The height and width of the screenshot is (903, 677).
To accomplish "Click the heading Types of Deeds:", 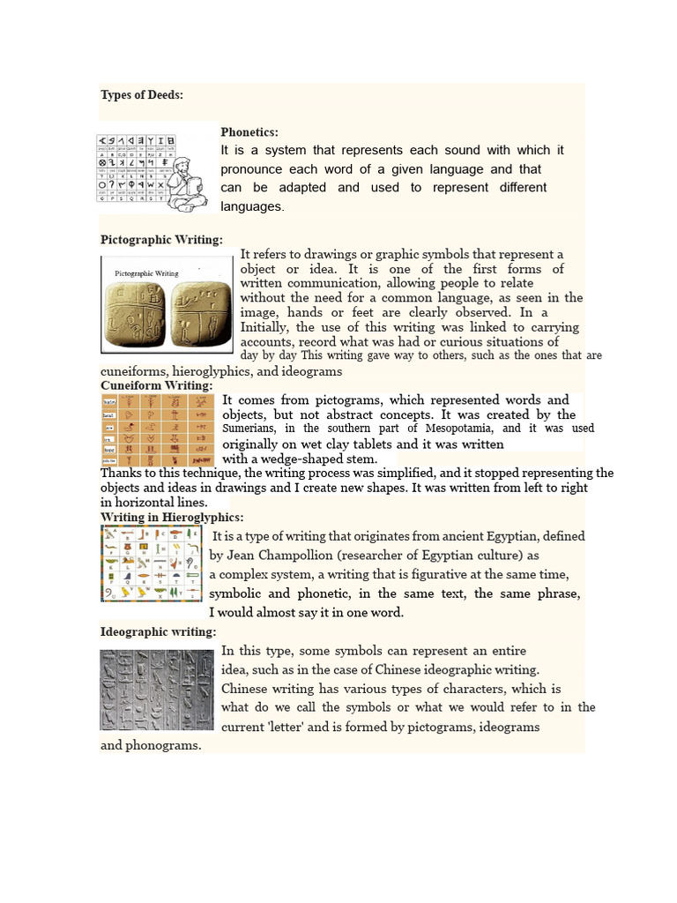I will [142, 95].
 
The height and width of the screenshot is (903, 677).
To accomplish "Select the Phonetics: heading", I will [249, 131].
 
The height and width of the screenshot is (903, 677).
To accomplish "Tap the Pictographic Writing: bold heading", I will [161, 240].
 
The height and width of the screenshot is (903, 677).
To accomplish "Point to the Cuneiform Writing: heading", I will [156, 386].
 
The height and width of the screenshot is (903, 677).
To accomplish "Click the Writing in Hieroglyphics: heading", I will [172, 517].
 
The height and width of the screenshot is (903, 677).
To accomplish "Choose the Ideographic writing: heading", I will [158, 632].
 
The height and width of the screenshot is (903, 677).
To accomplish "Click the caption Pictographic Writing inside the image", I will [146, 273].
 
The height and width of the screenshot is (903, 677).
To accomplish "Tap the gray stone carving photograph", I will [156, 690].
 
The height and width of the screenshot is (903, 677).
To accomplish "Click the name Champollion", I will [283, 556].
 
